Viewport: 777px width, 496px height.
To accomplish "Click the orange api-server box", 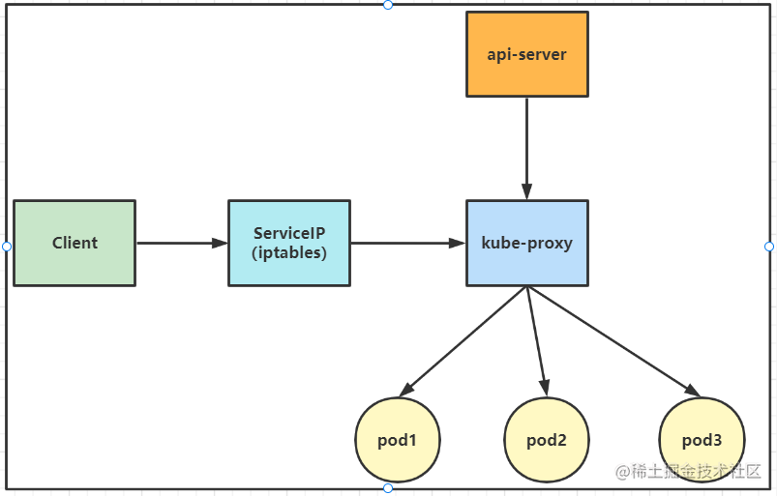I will (526, 54).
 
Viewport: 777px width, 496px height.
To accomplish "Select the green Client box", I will (75, 243).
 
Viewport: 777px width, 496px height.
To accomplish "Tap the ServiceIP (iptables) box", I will (289, 243).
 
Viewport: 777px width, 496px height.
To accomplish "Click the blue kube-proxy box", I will (526, 243).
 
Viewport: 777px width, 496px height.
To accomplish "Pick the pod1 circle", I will (398, 440).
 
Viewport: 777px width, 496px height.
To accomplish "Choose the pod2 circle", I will (547, 440).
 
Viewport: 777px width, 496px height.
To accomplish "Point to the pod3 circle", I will (702, 440).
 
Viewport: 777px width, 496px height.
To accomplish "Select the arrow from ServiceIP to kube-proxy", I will (407, 243).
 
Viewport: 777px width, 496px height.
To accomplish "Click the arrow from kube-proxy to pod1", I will (463, 339).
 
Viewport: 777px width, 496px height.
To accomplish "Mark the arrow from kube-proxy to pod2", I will (536, 339).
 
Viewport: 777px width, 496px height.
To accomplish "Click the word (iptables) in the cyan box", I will (289, 253).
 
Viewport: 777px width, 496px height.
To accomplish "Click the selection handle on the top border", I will (388, 5).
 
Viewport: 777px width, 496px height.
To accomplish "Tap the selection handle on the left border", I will (7, 247).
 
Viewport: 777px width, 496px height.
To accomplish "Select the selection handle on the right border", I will (769, 247).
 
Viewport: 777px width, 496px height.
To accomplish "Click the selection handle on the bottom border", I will (388, 488).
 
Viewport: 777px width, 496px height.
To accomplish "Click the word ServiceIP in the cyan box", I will (289, 233).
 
